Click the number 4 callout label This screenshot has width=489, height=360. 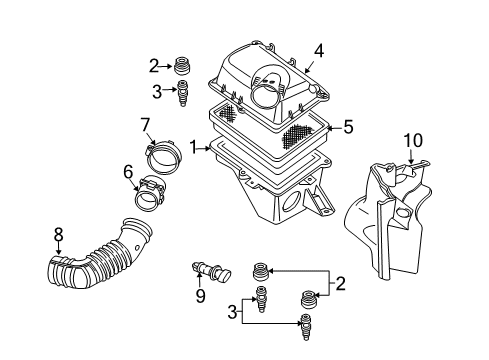pyautogui.click(x=319, y=50)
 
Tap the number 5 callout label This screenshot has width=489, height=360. pyautogui.click(x=349, y=127)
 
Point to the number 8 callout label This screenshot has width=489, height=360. pyautogui.click(x=58, y=235)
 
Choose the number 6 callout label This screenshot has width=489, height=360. pyautogui.click(x=128, y=172)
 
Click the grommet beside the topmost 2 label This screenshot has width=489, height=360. pyautogui.click(x=183, y=66)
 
